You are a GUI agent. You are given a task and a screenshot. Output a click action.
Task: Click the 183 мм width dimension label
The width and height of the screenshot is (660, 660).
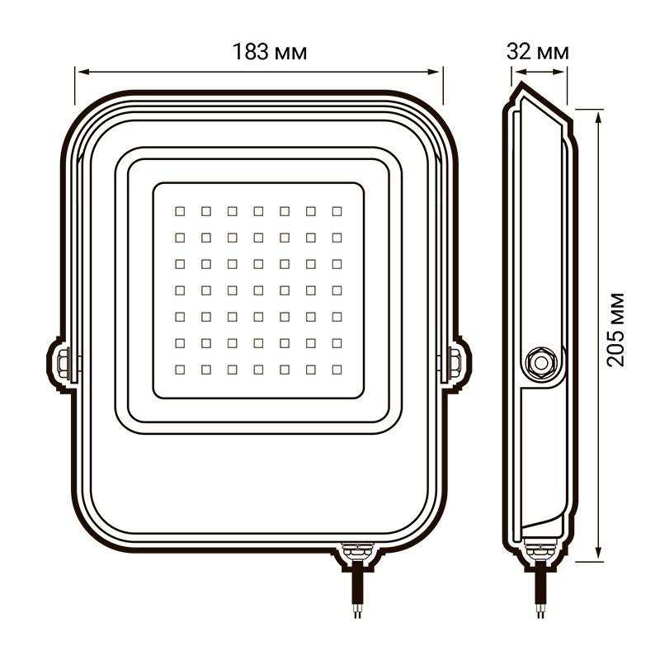pos(270,52)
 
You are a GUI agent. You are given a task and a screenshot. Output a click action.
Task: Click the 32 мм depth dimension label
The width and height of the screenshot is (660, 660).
pos(538,52)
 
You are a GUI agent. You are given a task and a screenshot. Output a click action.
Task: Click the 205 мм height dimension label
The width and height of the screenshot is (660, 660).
pos(615,329)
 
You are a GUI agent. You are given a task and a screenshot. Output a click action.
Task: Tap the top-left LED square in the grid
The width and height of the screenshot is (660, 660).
pos(180,211)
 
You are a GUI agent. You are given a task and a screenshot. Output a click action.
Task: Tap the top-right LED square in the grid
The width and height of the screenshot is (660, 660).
pos(337,211)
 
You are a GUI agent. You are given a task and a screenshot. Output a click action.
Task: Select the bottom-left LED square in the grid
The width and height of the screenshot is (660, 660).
pos(180,370)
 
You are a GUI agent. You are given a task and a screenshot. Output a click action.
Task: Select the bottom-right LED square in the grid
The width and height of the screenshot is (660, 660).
pos(337,370)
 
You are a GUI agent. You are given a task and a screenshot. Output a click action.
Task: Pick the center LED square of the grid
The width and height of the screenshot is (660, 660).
pos(258,290)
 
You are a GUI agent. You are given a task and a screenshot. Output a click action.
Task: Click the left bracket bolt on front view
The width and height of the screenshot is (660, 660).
pos(64,363)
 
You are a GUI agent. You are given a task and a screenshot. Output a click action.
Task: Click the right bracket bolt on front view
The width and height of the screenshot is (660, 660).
pos(455,363)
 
